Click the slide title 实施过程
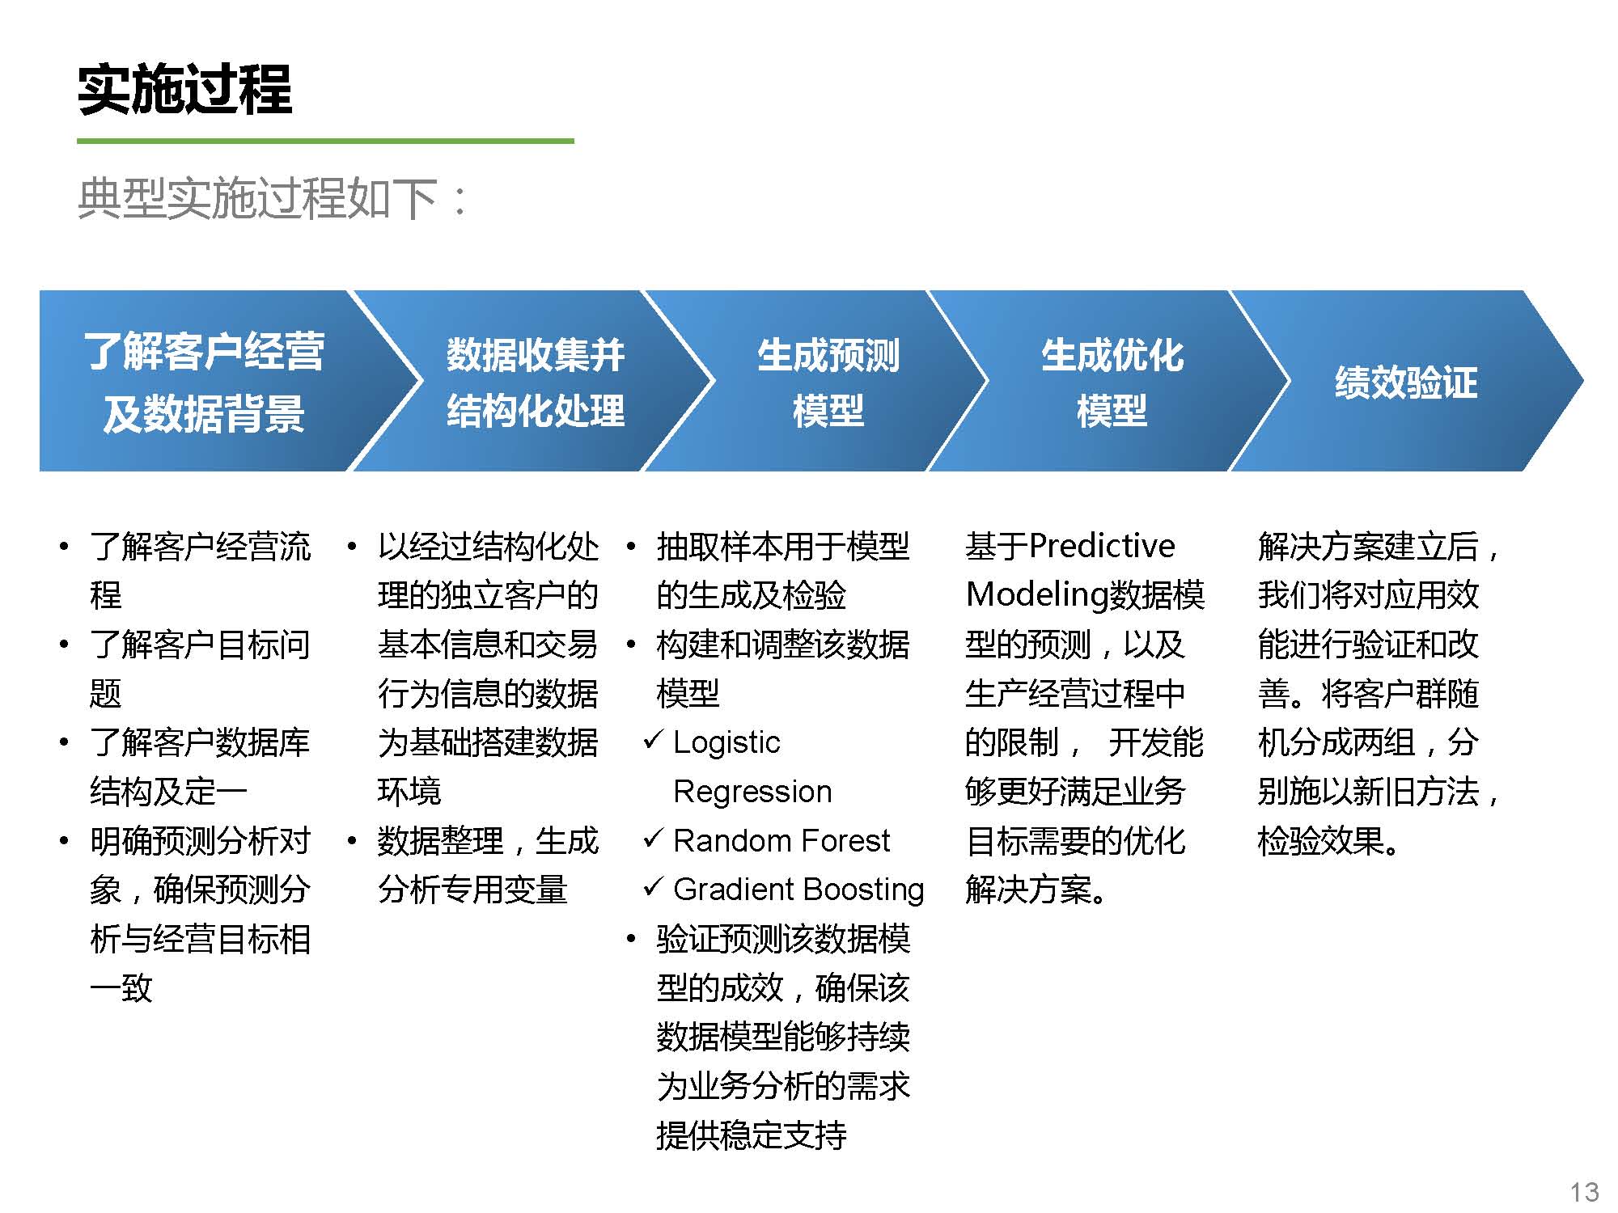click(x=184, y=89)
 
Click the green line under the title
click(x=325, y=141)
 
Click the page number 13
click(x=1584, y=1192)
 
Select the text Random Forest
click(x=781, y=841)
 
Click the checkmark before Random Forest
click(x=654, y=839)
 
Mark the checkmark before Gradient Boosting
click(x=654, y=887)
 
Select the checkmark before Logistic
click(x=654, y=740)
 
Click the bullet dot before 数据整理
click(x=352, y=842)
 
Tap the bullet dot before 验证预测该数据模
click(x=631, y=940)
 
